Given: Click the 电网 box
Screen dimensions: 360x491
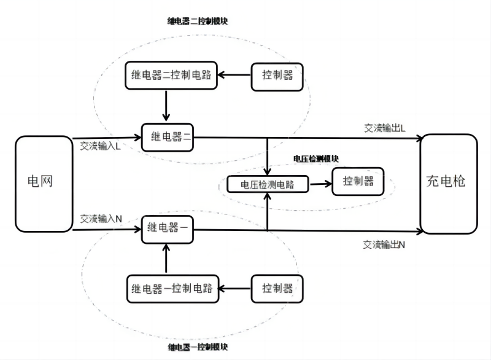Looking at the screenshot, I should (43, 183).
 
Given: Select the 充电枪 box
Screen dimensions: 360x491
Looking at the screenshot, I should (448, 183).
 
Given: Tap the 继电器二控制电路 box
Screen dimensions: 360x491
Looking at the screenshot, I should (171, 76).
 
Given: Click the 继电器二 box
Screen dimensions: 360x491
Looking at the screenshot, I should (168, 138).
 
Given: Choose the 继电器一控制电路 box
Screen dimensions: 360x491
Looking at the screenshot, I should (171, 288).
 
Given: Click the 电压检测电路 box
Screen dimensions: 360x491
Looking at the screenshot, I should (268, 184).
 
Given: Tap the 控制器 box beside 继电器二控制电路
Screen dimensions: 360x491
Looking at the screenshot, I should (277, 76).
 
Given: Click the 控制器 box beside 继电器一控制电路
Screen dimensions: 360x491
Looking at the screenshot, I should (277, 288).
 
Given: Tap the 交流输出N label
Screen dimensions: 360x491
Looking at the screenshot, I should (384, 245).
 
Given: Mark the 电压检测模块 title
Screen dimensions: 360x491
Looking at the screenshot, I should (315, 158).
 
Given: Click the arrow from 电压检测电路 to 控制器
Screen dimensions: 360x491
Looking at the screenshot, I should (319, 183).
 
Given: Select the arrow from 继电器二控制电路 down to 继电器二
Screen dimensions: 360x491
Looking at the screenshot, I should (166, 106).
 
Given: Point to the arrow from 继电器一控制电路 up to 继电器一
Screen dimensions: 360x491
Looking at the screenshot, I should (166, 259).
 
